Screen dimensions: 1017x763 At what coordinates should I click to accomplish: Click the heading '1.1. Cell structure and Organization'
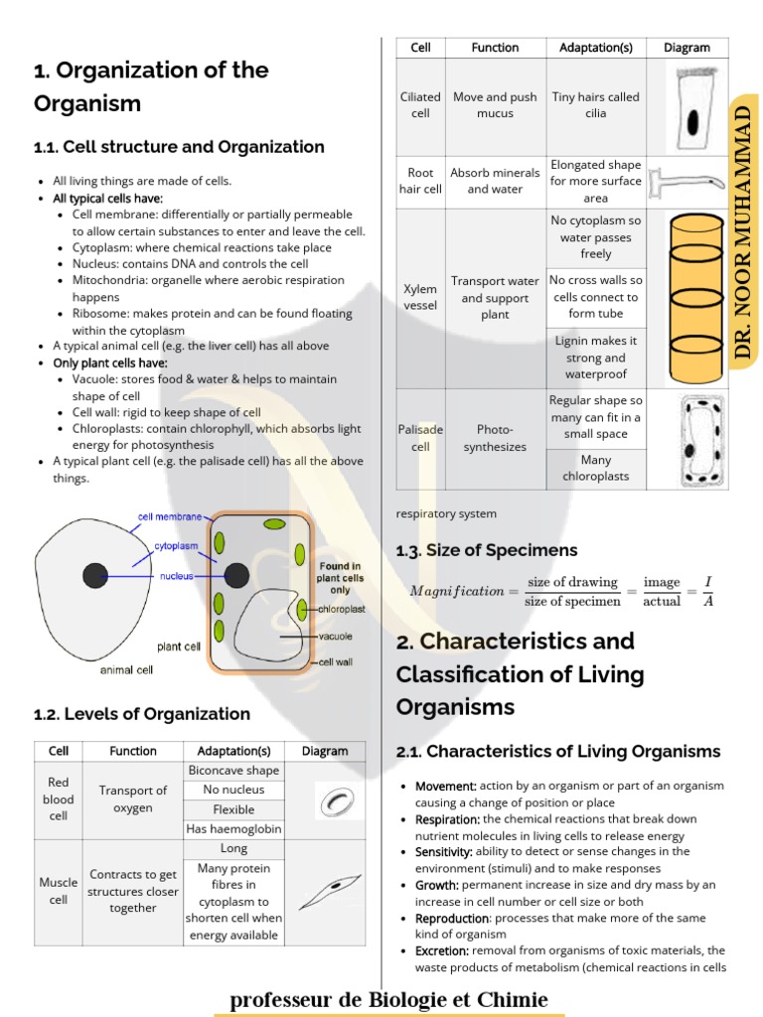click(179, 147)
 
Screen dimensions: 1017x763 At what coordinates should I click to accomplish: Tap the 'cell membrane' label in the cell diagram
click(170, 516)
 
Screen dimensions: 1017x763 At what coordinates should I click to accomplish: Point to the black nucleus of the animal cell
click(95, 574)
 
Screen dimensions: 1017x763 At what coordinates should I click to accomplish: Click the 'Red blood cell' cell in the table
click(59, 799)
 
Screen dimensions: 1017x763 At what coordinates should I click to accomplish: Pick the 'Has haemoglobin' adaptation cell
click(234, 829)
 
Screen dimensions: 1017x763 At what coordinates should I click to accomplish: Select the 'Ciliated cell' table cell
click(420, 105)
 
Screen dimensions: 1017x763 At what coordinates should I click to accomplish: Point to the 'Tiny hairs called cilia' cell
click(595, 105)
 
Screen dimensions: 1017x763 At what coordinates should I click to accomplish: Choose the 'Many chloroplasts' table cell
click(595, 468)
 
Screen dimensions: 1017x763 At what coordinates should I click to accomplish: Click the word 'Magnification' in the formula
click(457, 591)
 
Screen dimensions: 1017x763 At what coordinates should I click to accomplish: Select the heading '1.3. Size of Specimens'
click(487, 550)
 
